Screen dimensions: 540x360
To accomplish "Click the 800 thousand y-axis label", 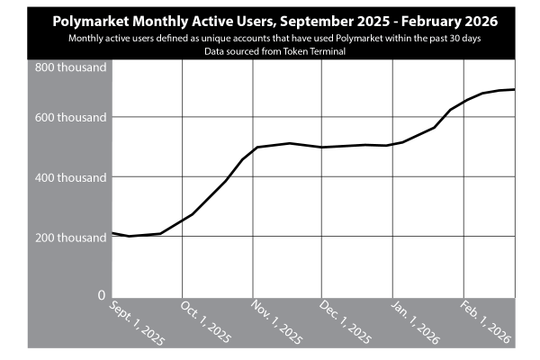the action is tap(70, 67).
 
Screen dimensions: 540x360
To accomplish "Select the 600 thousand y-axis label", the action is tap(70, 118).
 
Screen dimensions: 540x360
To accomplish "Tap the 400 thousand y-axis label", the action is tap(70, 178).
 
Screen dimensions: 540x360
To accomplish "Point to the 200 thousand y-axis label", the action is tap(70, 238).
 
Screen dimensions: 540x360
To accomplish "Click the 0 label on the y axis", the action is tap(101, 295).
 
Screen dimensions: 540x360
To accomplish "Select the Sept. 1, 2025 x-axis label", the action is tap(137, 323).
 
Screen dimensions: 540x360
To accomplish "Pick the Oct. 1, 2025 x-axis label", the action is tap(205, 322).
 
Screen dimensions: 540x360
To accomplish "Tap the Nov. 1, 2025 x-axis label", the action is tap(276, 322).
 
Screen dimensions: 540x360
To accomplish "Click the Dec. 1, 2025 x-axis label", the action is tap(345, 322).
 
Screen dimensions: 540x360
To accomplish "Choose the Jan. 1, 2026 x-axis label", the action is tap(415, 323).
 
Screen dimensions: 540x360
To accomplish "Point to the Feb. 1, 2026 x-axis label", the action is tap(486, 322).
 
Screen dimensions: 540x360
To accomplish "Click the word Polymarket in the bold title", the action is tap(91, 22).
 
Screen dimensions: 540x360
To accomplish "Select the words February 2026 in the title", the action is tap(449, 22).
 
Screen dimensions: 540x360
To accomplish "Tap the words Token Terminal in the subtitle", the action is tap(314, 51).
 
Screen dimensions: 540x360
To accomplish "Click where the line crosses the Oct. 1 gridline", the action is tap(182, 220).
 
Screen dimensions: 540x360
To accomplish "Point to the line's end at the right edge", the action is tap(515, 90).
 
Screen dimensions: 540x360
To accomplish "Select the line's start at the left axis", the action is tap(112, 233).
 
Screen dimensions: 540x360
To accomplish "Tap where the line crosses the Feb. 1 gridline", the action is tap(463, 102).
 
